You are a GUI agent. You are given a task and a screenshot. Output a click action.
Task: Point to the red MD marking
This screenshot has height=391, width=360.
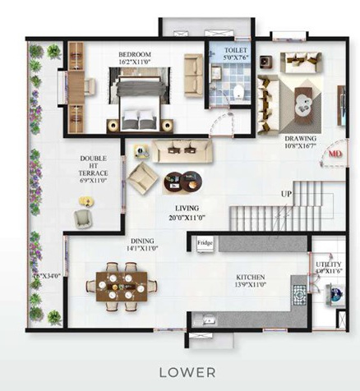coord(335,153)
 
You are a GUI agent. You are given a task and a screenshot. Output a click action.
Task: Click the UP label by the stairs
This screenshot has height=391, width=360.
coord(286,194)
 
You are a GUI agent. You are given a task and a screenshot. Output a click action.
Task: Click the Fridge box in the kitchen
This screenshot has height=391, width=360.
coord(205,243)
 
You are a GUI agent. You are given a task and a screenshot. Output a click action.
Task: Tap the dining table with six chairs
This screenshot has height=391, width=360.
coord(120,284)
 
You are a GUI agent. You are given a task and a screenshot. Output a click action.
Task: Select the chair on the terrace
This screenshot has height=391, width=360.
coord(85,217)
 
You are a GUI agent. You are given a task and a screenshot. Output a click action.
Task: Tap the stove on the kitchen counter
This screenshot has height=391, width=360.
coord(298,293)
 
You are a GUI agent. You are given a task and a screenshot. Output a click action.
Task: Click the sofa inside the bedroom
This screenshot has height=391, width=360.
coord(194,75)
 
